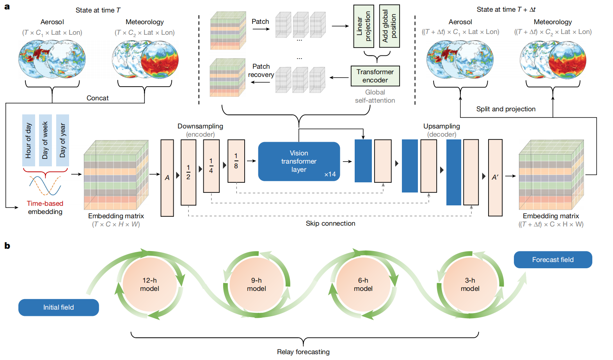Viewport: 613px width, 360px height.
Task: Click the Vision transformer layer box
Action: [x=299, y=161]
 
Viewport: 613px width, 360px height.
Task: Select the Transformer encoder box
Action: [x=375, y=76]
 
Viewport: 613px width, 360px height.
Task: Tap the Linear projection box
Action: [x=364, y=26]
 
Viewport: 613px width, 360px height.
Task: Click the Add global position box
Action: [x=389, y=26]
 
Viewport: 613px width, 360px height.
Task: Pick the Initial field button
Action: [x=59, y=307]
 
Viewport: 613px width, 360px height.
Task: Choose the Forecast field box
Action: [x=553, y=260]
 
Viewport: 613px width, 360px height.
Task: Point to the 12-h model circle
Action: [x=149, y=285]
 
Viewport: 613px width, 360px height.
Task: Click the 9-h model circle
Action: [x=256, y=285]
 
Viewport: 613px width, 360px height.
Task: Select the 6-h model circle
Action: [x=363, y=285]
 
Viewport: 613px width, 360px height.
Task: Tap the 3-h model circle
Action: [x=470, y=285]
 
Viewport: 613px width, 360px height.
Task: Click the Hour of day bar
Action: [x=28, y=140]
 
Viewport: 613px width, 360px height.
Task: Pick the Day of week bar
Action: [x=45, y=140]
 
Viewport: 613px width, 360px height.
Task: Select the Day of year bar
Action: [x=62, y=140]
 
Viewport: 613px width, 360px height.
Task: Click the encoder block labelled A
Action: [x=167, y=178]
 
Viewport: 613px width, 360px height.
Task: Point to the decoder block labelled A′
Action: [x=495, y=178]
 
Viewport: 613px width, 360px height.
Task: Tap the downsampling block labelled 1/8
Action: [x=236, y=161]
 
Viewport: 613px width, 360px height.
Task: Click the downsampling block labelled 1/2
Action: [x=188, y=172]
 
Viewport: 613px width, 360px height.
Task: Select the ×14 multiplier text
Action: [x=330, y=175]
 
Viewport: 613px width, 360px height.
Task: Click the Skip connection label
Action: [x=330, y=223]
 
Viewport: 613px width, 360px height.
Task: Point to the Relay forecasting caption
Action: [x=303, y=352]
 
